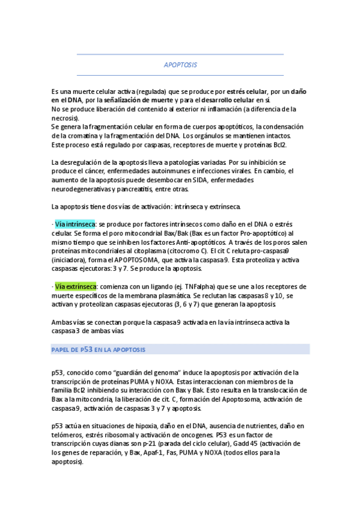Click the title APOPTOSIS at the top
tap(180, 64)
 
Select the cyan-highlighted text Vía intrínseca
tap(75, 224)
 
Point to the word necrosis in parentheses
tap(65, 118)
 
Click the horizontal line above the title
tap(180, 55)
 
